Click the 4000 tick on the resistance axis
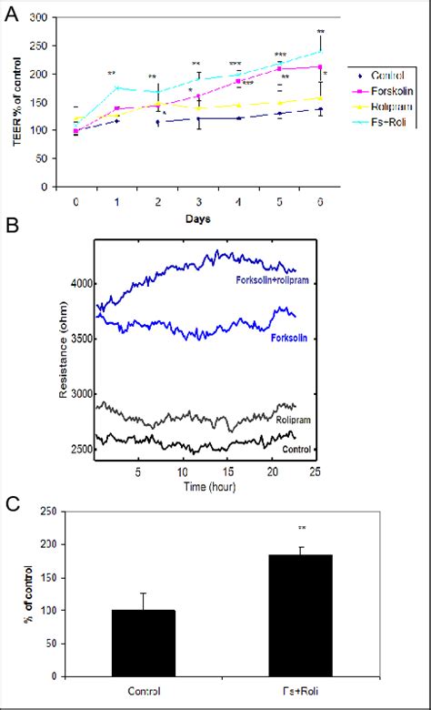(x=79, y=284)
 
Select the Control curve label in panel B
(x=294, y=449)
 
